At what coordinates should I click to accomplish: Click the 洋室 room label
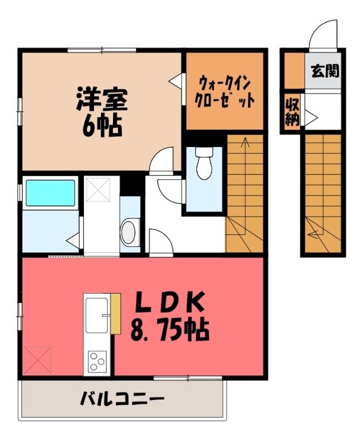[x=102, y=99]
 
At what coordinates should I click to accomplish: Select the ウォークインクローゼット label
[x=224, y=92]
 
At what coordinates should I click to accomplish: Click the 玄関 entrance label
[x=325, y=71]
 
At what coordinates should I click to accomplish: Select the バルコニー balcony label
[x=122, y=399]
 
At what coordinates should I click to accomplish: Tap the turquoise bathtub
[x=50, y=193]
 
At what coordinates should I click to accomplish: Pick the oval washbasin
[x=128, y=232]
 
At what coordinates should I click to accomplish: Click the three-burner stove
[x=97, y=362]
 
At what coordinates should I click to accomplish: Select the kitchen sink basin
[x=97, y=316]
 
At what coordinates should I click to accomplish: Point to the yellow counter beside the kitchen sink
[x=116, y=314]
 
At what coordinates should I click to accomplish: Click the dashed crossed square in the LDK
[x=37, y=360]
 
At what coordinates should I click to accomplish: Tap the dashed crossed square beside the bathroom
[x=98, y=189]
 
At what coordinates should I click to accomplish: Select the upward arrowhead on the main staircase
[x=245, y=141]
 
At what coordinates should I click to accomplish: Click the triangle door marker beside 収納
[x=310, y=117]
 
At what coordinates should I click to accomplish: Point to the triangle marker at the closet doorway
[x=176, y=81]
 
